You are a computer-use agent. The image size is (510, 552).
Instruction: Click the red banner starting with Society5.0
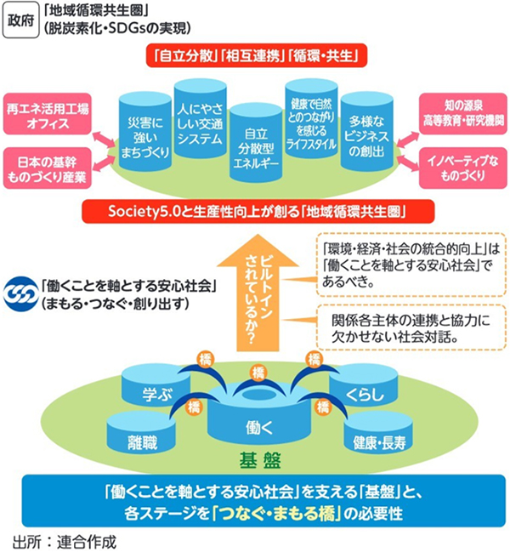[255, 209]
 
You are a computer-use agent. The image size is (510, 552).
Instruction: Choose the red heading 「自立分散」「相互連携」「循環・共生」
[255, 56]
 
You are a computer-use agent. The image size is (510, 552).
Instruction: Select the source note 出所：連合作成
[64, 540]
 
